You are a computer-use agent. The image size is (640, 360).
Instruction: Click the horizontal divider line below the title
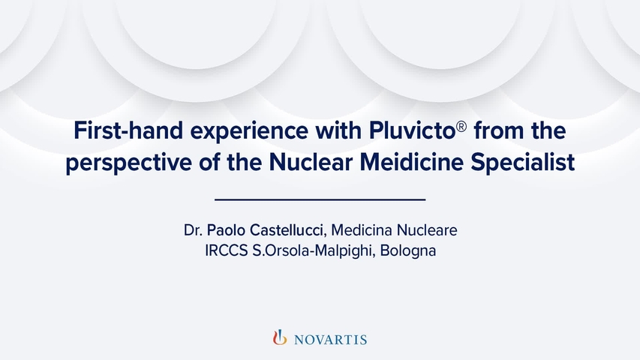pos(320,199)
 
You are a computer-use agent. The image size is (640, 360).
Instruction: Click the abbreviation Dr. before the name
pos(193,229)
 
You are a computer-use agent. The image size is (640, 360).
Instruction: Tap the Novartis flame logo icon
pos(279,338)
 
